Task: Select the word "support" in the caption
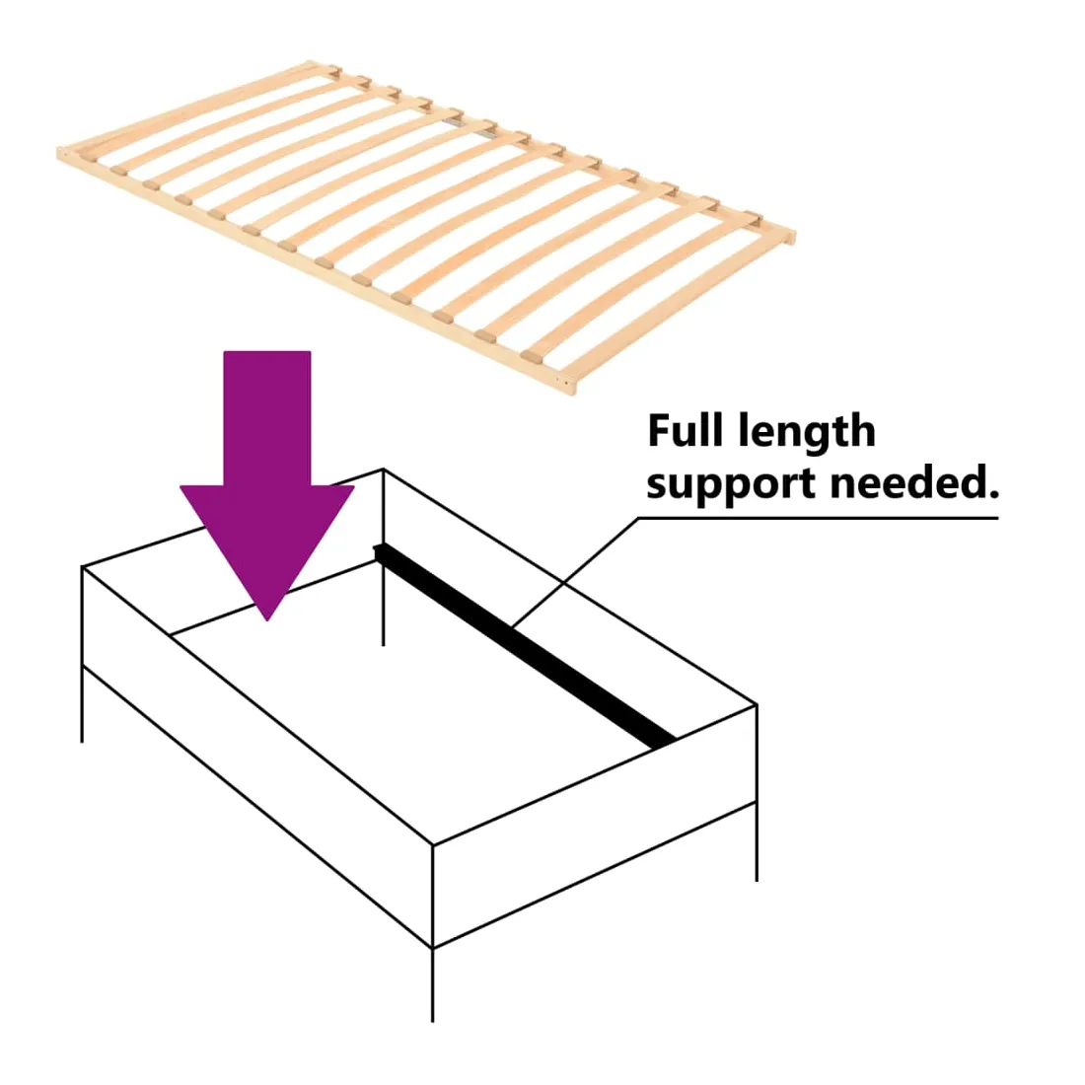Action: [x=732, y=483]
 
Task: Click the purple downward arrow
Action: [x=267, y=484]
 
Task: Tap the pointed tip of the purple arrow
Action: [x=267, y=620]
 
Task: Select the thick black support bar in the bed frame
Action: [x=525, y=646]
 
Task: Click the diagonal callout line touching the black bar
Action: [x=576, y=571]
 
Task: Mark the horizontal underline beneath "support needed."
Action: [x=819, y=518]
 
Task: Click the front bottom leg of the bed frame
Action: [x=432, y=985]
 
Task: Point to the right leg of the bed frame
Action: [x=757, y=842]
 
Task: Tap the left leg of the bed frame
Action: [x=82, y=704]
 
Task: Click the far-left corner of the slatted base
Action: [x=59, y=153]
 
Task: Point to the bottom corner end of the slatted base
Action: [x=572, y=394]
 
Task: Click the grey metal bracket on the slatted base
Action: [x=454, y=121]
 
